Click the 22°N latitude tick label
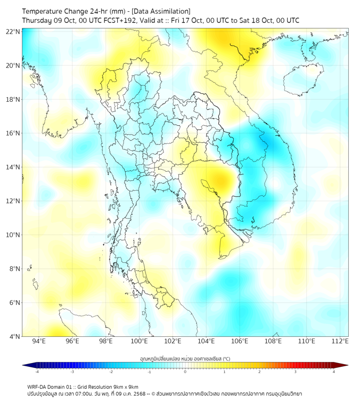click(13, 31)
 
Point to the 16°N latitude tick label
click(13, 133)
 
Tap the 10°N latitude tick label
click(13, 235)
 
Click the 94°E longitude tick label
click(39, 341)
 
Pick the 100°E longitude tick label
click(140, 341)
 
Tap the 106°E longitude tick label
click(240, 341)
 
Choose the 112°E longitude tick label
click(340, 341)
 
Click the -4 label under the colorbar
click(36, 372)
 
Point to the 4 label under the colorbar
click(334, 372)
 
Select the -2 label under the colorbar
click(111, 372)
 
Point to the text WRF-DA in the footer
click(38, 386)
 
